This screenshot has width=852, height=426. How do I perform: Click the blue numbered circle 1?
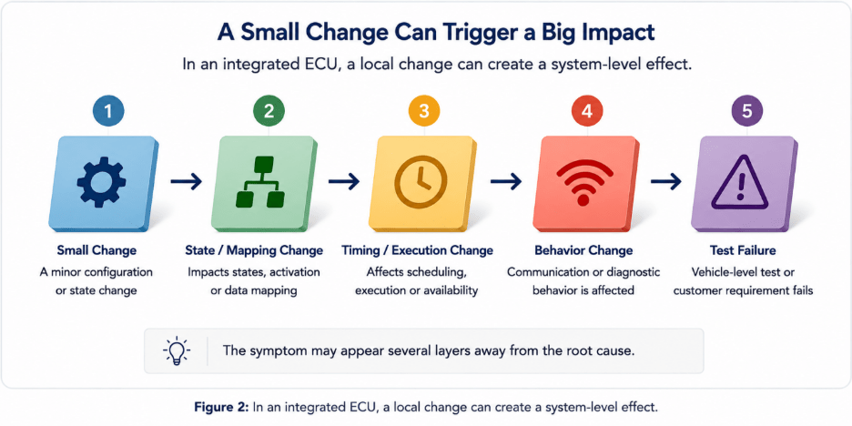coord(108,111)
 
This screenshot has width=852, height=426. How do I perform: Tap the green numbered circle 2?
coord(269,111)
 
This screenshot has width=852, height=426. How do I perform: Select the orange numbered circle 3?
coord(424,111)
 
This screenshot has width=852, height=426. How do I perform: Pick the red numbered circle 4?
coord(587,111)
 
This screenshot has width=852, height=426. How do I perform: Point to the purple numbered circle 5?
coord(747,111)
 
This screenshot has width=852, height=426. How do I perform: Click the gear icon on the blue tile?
coord(102,182)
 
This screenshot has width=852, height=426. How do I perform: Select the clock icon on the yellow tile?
coord(421,182)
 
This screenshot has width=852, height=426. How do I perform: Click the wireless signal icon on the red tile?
coord(583,184)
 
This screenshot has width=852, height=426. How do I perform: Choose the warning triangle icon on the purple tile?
coord(740,183)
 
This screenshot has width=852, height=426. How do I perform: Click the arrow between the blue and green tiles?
coord(187,181)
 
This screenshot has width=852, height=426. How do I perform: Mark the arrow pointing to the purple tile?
coord(666,181)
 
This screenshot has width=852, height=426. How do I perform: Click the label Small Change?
coord(96,250)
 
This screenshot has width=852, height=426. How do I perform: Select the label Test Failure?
coord(743,250)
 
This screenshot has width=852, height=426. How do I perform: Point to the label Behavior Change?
coord(583,250)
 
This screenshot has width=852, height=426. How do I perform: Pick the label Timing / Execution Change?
coord(417,250)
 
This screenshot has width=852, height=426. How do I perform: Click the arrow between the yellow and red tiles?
coord(506,181)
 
